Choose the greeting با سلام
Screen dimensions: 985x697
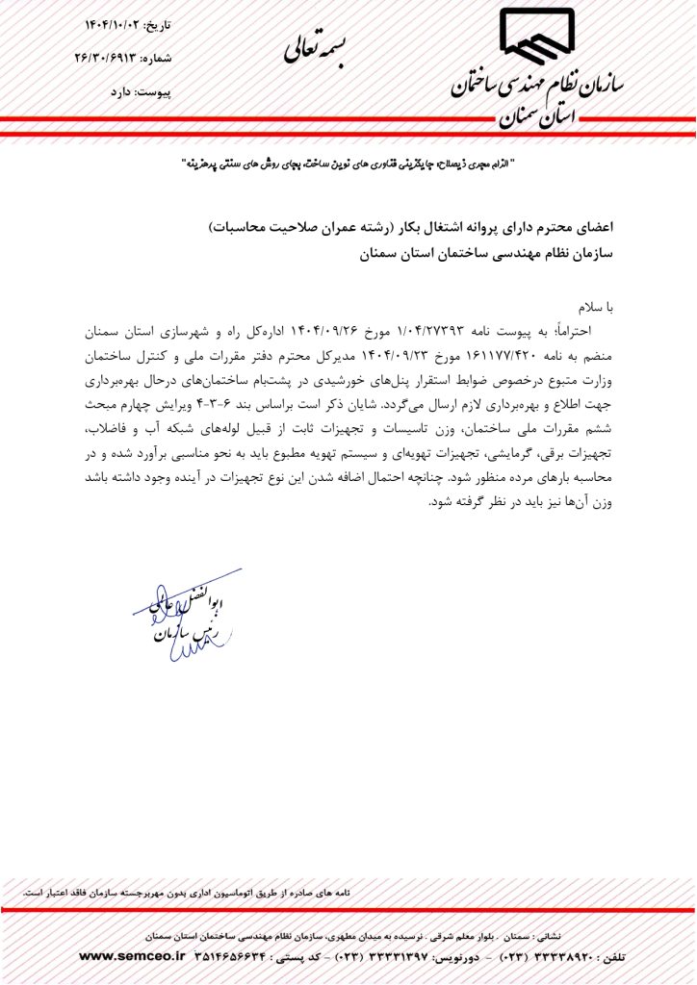595,307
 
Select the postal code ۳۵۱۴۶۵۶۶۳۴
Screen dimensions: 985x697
238,956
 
